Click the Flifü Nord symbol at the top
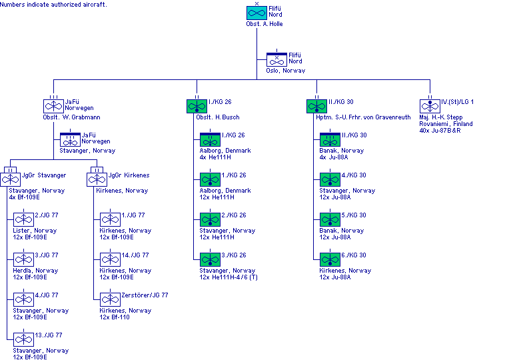(x=256, y=13)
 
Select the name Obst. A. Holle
(x=264, y=23)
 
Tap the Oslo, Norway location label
(x=285, y=70)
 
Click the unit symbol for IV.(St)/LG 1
(x=430, y=105)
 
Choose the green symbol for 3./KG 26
(x=210, y=259)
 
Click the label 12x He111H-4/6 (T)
(x=229, y=277)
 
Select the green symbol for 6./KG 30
(x=330, y=259)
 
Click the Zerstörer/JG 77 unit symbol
(x=110, y=299)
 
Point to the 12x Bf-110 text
(x=115, y=317)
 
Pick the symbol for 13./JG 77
(x=23, y=339)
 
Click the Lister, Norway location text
(x=35, y=231)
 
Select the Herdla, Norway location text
(x=35, y=271)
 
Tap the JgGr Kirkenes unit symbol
(x=97, y=179)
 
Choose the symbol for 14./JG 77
(x=110, y=259)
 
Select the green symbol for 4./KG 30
(x=330, y=179)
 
